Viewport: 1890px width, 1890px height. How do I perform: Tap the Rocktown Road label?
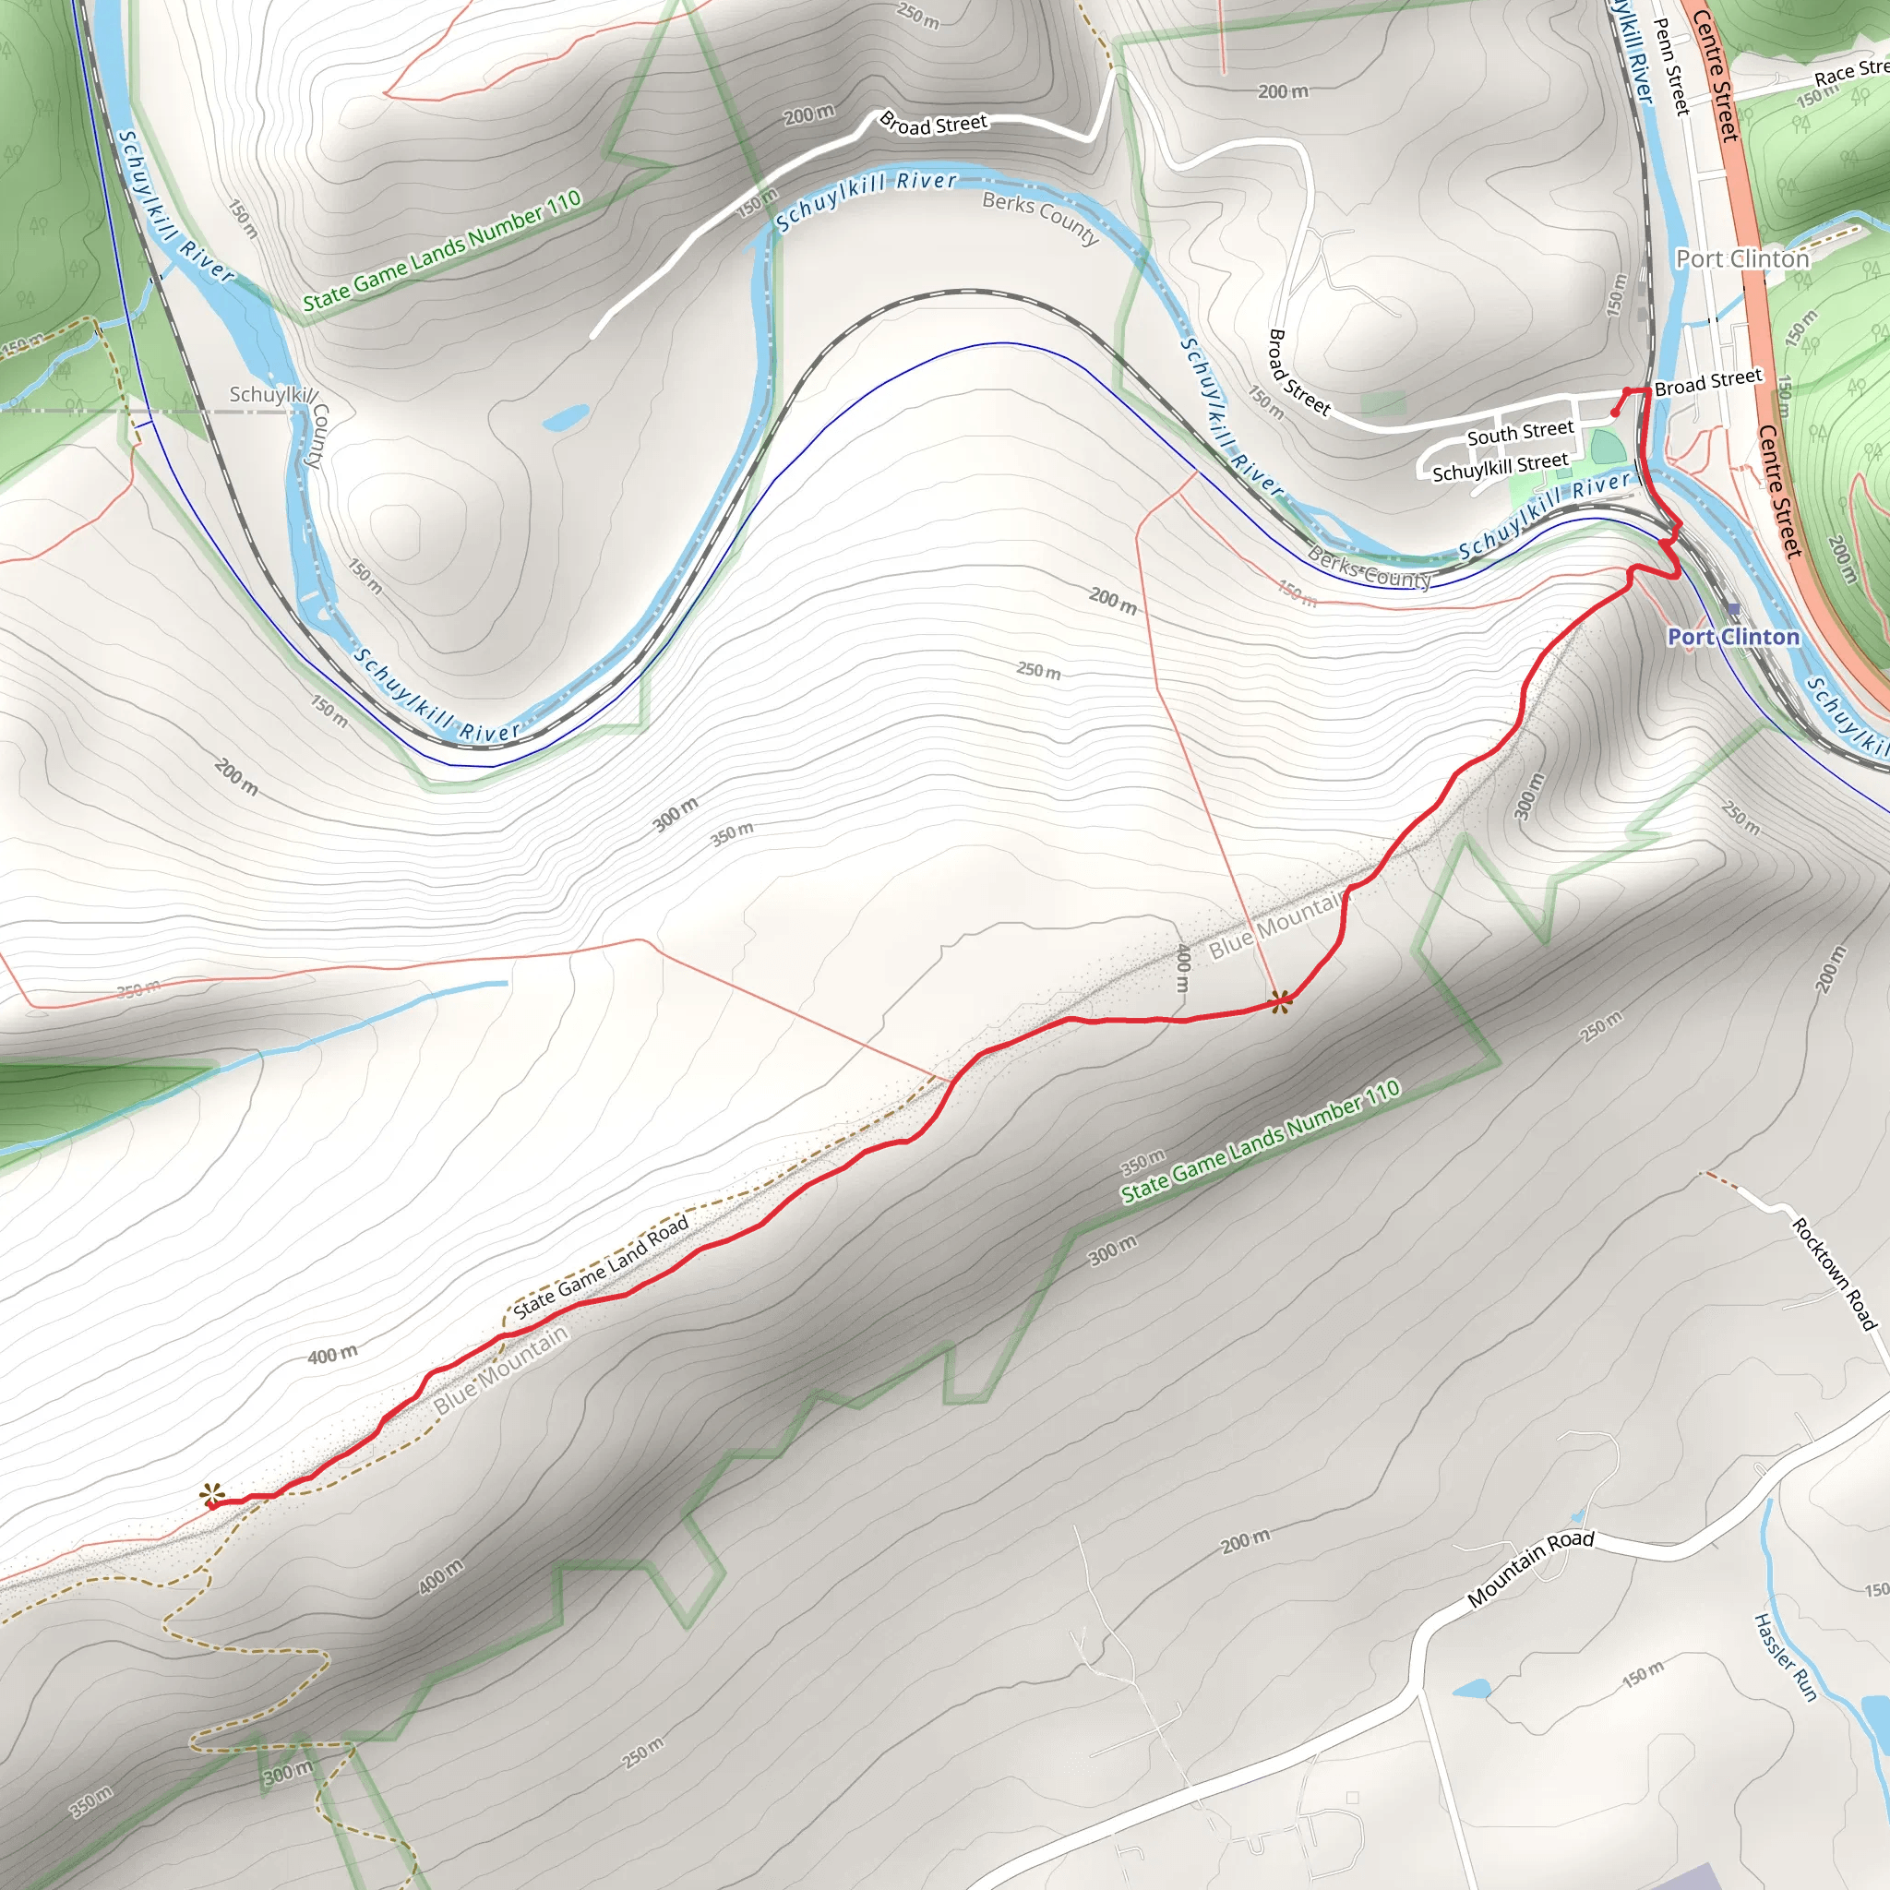pyautogui.click(x=1834, y=1274)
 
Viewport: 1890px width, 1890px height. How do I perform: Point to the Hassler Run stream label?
pyautogui.click(x=1786, y=1657)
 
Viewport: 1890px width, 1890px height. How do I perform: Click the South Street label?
pyautogui.click(x=1520, y=431)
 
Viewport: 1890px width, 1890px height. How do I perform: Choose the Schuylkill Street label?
pyautogui.click(x=1500, y=467)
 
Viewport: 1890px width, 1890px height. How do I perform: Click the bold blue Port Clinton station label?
pyautogui.click(x=1733, y=637)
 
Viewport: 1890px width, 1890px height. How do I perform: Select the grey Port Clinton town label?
pyautogui.click(x=1742, y=258)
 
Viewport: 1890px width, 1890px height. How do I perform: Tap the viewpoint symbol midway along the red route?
pyautogui.click(x=1281, y=1000)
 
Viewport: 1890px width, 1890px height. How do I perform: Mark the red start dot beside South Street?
pyautogui.click(x=1615, y=413)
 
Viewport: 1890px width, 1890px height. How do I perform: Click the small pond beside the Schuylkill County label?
pyautogui.click(x=566, y=419)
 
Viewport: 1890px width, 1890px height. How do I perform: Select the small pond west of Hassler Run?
pyautogui.click(x=1471, y=1689)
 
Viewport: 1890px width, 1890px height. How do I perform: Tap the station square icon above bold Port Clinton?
pyautogui.click(x=1733, y=609)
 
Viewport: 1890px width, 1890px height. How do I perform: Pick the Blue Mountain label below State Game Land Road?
pyautogui.click(x=501, y=1369)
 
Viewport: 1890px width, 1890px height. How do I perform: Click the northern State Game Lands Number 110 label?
pyautogui.click(x=442, y=251)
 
